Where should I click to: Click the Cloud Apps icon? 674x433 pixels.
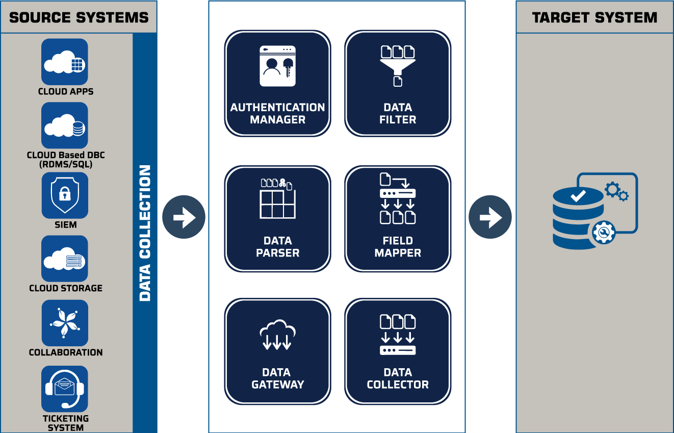(65, 62)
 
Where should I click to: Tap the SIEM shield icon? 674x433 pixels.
(65, 195)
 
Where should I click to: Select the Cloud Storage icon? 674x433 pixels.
(65, 259)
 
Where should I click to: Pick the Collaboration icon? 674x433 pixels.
(65, 323)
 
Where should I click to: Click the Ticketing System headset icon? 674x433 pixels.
(65, 389)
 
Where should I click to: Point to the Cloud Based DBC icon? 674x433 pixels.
(65, 125)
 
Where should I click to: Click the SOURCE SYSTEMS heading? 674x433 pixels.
(79, 17)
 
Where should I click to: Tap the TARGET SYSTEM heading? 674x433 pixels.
(594, 17)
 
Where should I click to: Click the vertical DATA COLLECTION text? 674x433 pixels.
(145, 233)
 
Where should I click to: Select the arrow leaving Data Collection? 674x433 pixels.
(184, 217)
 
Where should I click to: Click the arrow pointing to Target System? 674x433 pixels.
(490, 217)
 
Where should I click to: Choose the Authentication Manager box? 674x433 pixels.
(277, 83)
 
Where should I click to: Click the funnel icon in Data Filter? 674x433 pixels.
(398, 66)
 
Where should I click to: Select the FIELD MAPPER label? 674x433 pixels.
(398, 247)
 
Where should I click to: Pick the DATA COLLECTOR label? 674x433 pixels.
(398, 378)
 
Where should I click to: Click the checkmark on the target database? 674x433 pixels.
(578, 196)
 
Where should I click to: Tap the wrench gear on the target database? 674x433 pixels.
(603, 232)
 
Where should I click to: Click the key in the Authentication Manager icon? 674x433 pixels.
(288, 67)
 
